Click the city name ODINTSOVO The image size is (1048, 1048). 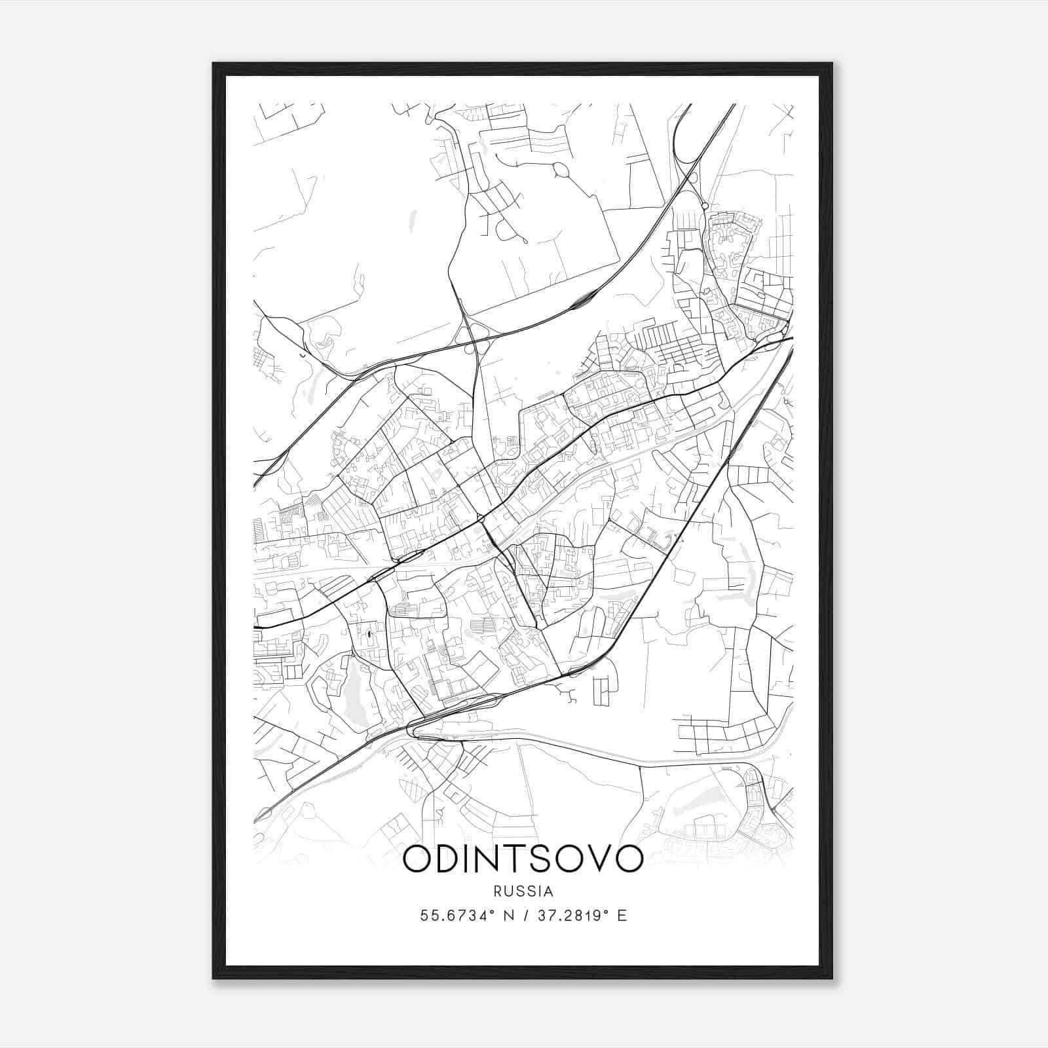[x=523, y=859]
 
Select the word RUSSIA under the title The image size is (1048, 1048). [x=523, y=891]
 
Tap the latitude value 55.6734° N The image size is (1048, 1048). [x=473, y=916]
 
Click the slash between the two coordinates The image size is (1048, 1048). [x=526, y=916]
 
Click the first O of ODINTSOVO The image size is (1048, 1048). [x=417, y=859]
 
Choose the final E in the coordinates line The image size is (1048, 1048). [x=622, y=916]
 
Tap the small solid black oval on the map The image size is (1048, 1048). [x=368, y=633]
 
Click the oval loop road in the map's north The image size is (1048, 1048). [x=562, y=171]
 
